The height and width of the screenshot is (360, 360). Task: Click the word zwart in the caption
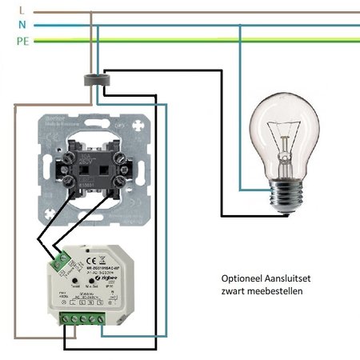click(x=235, y=292)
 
